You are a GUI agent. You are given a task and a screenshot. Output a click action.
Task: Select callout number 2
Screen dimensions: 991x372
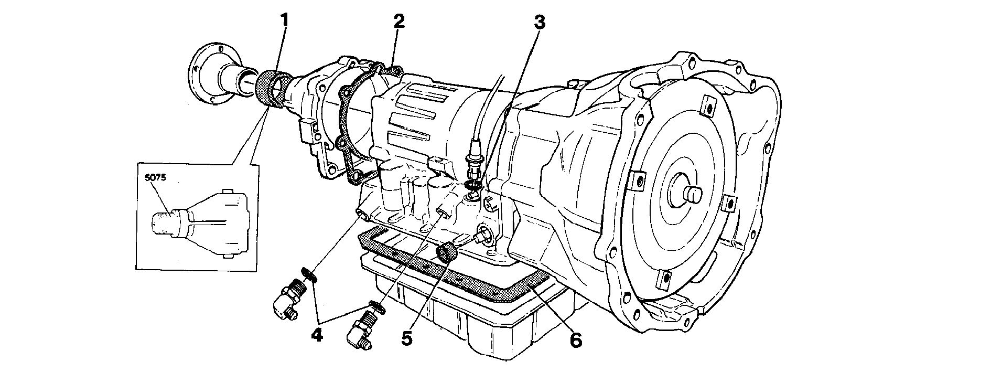point(400,21)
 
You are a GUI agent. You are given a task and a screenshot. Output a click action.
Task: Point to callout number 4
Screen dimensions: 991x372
point(316,334)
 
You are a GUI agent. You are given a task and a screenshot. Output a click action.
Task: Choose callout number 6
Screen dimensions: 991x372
point(575,340)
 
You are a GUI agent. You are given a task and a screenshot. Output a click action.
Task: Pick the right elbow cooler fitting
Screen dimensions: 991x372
point(361,327)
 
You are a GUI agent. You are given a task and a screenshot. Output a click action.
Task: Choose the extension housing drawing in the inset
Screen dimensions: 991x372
point(199,223)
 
